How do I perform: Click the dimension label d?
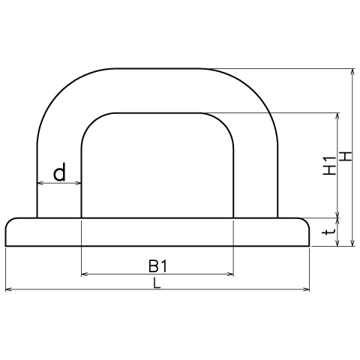(x=59, y=172)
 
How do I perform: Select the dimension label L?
(x=157, y=283)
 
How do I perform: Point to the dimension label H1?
(x=329, y=166)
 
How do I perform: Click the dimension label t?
(x=330, y=232)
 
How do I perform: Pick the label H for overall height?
(x=346, y=157)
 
